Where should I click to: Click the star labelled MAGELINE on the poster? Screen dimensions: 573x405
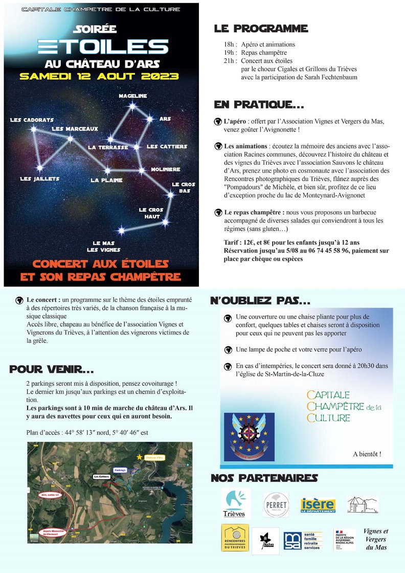pyautogui.click(x=133, y=106)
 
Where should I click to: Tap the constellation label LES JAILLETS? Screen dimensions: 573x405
pyautogui.click(x=39, y=179)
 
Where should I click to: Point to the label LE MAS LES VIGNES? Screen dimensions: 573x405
pyautogui.click(x=104, y=246)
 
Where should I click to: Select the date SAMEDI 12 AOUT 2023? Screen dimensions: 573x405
pyautogui.click(x=99, y=76)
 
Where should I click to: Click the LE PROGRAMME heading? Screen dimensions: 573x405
pyautogui.click(x=261, y=29)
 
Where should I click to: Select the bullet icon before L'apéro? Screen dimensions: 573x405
pyautogui.click(x=218, y=122)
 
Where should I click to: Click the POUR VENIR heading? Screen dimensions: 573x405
pyautogui.click(x=52, y=369)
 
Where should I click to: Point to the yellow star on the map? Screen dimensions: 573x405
pyautogui.click(x=139, y=456)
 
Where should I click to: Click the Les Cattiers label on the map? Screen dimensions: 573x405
pyautogui.click(x=101, y=476)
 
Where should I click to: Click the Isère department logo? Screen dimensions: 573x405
pyautogui.click(x=318, y=504)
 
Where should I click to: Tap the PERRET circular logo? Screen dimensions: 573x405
pyautogui.click(x=276, y=504)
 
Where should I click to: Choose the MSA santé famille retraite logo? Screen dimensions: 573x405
pyautogui.click(x=303, y=540)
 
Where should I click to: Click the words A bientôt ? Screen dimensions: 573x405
pyautogui.click(x=367, y=454)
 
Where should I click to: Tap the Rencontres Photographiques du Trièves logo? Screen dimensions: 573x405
pyautogui.click(x=235, y=537)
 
